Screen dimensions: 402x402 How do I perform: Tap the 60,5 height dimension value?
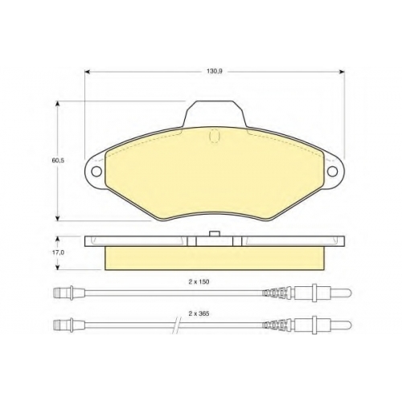point(58,161)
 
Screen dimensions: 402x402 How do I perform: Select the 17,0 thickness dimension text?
point(58,252)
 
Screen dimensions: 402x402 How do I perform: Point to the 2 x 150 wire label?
point(199,282)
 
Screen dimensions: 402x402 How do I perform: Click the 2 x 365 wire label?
point(199,314)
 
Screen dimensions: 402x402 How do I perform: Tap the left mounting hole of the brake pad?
point(96,171)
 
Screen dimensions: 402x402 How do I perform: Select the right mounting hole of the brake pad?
point(333,171)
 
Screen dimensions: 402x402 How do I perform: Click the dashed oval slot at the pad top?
point(214,136)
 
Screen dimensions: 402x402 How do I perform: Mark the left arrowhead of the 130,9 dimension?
point(88,72)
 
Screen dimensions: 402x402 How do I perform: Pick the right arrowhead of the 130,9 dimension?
point(342,72)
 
